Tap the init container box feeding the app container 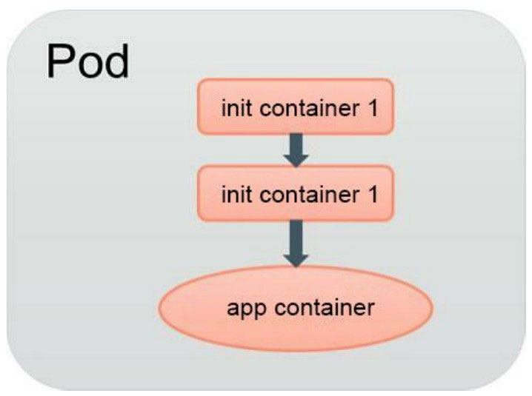pos(295,194)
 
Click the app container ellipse pos(296,307)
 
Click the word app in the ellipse pos(244,308)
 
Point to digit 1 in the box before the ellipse pos(371,195)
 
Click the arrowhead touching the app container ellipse pos(296,258)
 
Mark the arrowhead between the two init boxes pos(296,157)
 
